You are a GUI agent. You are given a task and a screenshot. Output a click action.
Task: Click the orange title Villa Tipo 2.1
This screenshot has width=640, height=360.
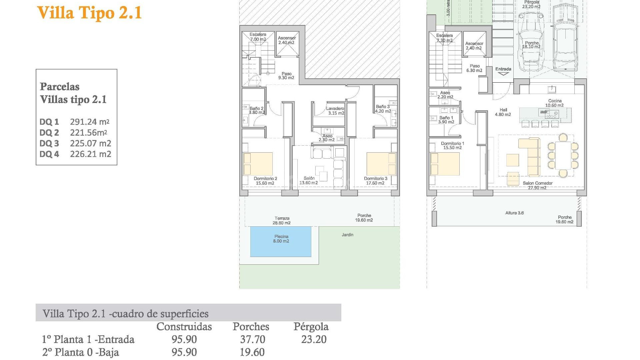click(x=89, y=13)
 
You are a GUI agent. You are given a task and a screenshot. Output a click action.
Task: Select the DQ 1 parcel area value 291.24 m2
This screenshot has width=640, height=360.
click(x=89, y=122)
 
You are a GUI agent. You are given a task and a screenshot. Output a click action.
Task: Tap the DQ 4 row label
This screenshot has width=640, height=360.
click(x=49, y=154)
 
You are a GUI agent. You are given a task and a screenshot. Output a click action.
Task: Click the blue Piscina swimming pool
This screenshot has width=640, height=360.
click(x=281, y=242)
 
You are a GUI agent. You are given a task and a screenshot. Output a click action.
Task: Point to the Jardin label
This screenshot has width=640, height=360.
click(x=347, y=235)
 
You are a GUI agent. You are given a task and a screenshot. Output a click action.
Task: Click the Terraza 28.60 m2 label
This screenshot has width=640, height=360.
click(x=282, y=221)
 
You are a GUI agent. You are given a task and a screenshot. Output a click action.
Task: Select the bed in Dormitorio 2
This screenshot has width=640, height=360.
click(x=258, y=164)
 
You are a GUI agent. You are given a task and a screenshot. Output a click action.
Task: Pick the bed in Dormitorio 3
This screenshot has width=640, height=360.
click(x=381, y=164)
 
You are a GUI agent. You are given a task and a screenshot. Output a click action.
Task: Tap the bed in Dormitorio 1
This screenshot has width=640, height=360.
click(x=445, y=164)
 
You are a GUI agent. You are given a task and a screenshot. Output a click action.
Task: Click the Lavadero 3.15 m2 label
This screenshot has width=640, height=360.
click(x=335, y=111)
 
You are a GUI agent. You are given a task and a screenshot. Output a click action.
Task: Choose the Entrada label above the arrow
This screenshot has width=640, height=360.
click(x=503, y=69)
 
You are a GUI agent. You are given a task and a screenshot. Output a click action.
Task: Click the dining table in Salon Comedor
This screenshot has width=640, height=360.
click(x=563, y=155)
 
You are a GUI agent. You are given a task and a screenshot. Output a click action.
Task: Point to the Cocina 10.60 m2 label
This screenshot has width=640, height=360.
click(x=555, y=103)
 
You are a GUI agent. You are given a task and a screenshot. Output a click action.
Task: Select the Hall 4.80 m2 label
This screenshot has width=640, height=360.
click(x=503, y=112)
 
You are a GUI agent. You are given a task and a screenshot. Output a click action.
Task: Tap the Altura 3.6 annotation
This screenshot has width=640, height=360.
click(x=514, y=213)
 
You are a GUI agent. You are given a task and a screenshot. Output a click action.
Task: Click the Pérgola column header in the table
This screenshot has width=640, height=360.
click(x=311, y=327)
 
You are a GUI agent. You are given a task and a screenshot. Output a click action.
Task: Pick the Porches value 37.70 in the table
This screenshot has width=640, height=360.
click(x=253, y=339)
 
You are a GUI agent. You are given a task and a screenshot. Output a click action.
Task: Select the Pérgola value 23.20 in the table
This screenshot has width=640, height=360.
click(x=314, y=339)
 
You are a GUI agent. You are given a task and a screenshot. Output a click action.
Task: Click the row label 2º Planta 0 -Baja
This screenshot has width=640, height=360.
click(x=80, y=352)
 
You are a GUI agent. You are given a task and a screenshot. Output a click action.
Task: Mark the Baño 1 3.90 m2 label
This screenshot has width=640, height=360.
click(x=446, y=120)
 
